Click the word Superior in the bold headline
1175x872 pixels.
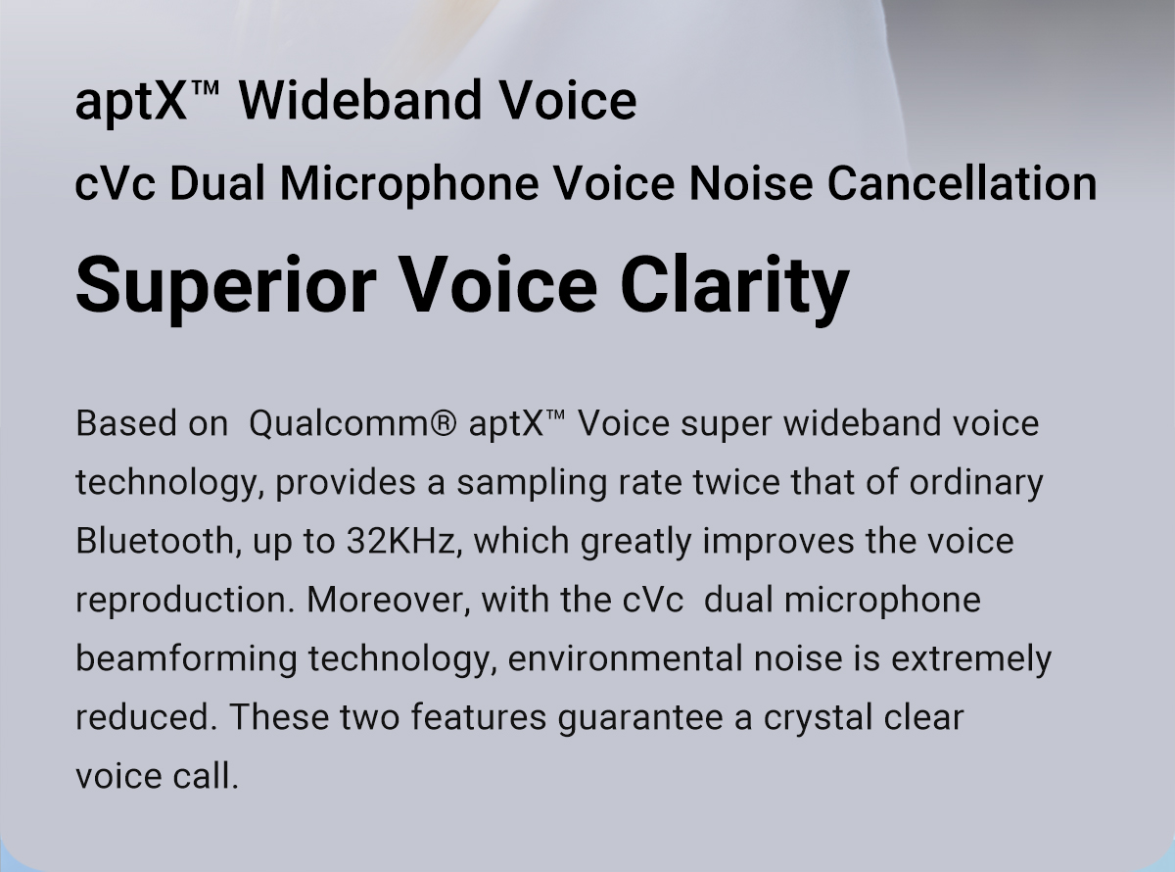click(226, 287)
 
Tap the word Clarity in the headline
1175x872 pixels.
click(734, 287)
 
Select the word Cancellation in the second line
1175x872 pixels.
click(962, 183)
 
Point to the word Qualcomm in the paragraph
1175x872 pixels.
click(344, 424)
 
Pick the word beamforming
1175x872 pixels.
click(186, 660)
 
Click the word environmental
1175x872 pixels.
click(625, 659)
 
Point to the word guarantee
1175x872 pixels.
click(640, 718)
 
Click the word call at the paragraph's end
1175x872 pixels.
click(206, 776)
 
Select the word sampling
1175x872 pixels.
click(532, 483)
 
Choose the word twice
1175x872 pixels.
click(736, 482)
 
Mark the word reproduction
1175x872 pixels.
click(185, 601)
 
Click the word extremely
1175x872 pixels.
click(971, 660)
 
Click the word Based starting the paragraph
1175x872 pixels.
click(125, 423)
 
